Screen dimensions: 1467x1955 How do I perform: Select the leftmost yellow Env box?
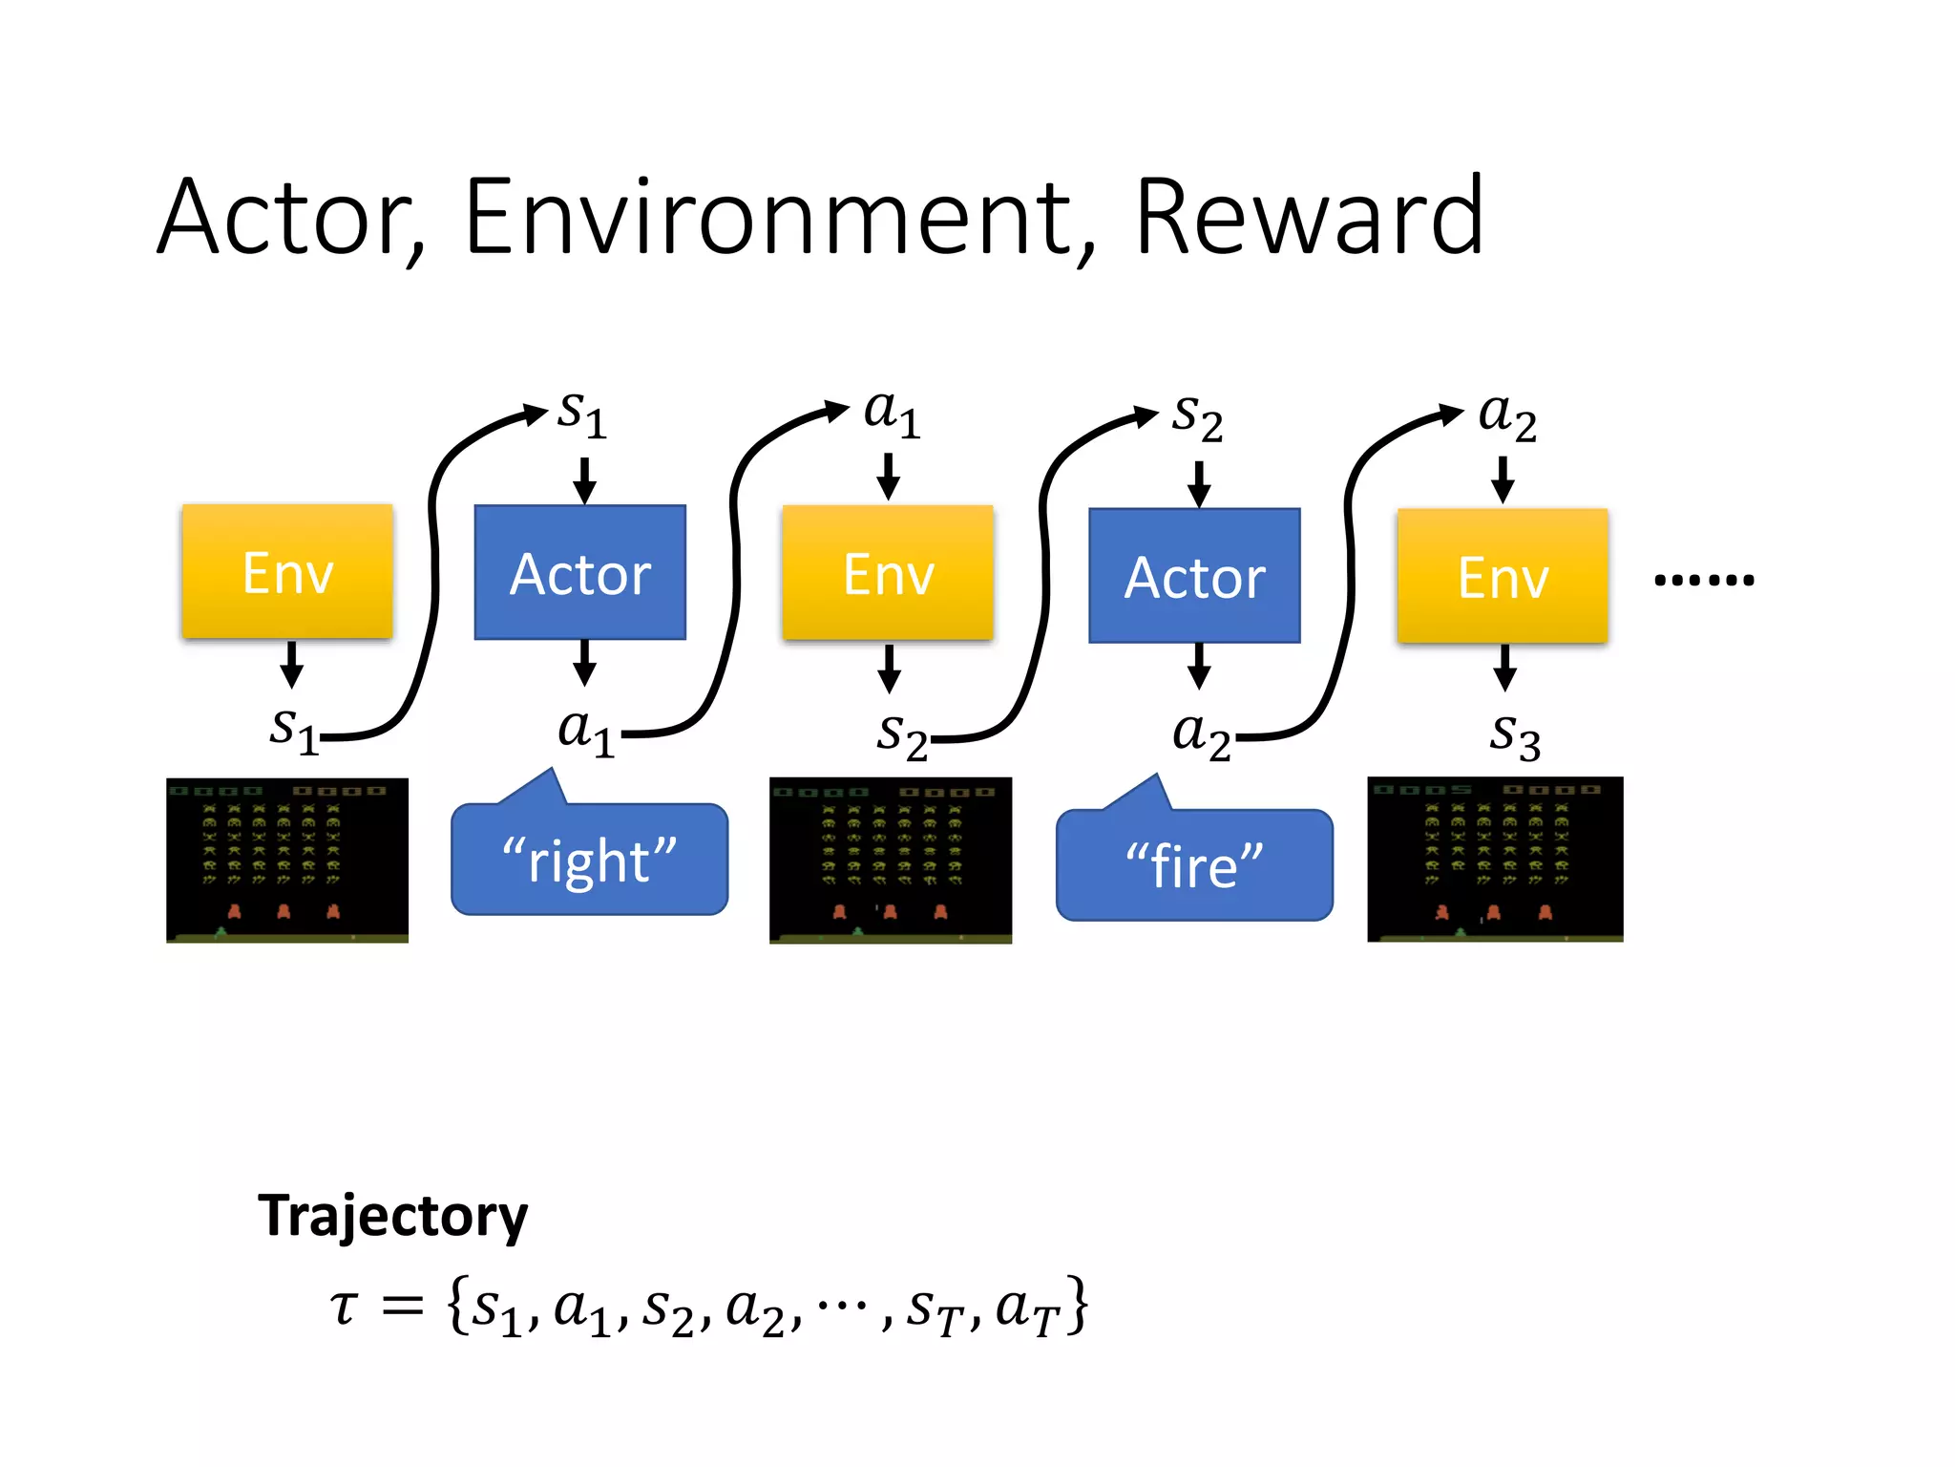click(x=287, y=571)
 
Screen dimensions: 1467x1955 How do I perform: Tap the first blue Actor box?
click(x=579, y=572)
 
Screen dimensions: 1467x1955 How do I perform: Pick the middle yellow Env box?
click(x=888, y=572)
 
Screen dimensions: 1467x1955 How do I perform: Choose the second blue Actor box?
click(x=1194, y=576)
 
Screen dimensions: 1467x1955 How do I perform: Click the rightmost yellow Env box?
click(x=1503, y=576)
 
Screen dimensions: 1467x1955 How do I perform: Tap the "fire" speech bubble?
click(x=1194, y=865)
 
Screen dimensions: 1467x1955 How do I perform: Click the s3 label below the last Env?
click(x=1515, y=735)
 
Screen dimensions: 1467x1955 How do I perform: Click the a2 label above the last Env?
click(x=1506, y=415)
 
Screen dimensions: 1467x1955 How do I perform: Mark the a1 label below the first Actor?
click(x=585, y=733)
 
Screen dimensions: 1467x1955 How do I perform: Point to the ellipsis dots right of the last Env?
click(x=1704, y=580)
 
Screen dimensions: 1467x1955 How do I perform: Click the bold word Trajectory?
click(x=392, y=1216)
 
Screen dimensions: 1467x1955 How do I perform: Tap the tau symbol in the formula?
click(x=344, y=1308)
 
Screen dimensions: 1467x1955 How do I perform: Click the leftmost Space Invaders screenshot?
click(x=287, y=860)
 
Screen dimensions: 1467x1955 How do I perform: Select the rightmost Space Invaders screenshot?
click(x=1495, y=859)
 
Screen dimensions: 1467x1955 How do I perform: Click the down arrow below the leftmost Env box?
click(x=292, y=665)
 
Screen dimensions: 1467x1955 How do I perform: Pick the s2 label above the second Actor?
click(x=1197, y=417)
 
